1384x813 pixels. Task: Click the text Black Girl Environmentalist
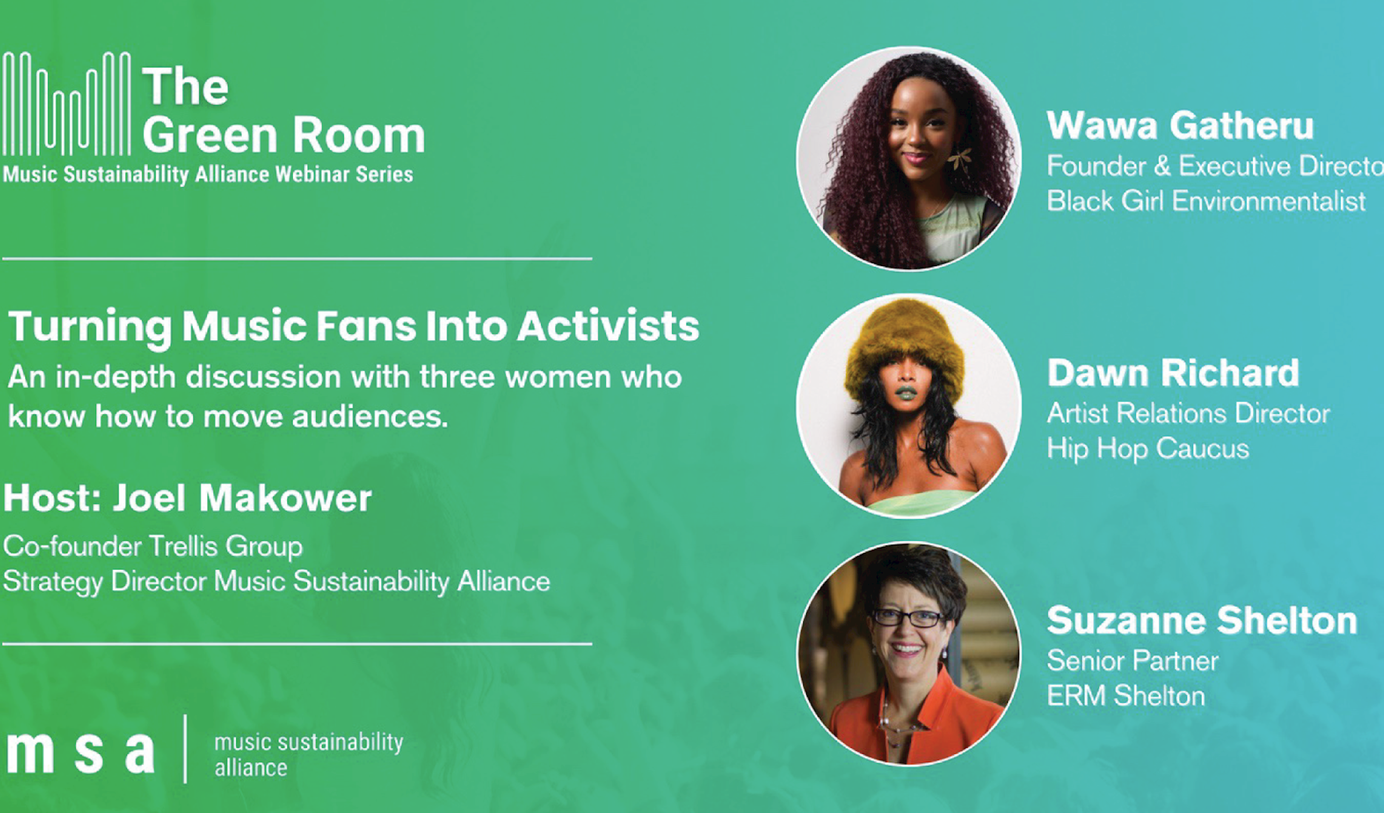1206,201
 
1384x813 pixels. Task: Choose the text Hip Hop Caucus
1148,449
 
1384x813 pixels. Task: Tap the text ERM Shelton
1126,696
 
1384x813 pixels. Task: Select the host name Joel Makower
242,499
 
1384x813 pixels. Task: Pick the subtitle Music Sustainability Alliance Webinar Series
208,175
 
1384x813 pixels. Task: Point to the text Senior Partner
1132,661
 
